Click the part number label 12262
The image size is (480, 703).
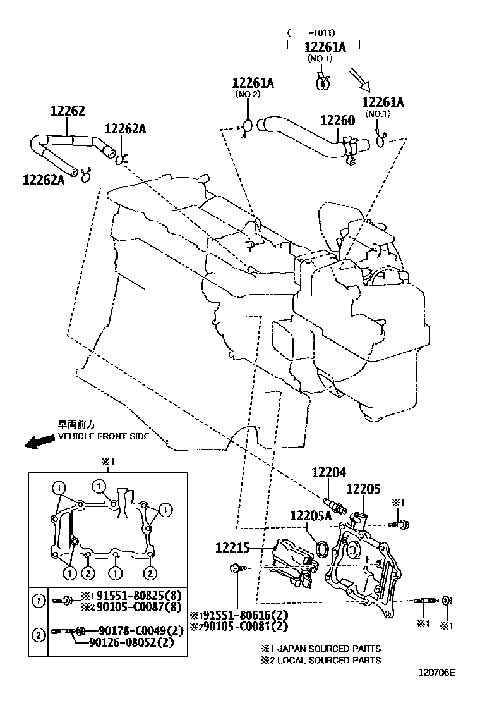[68, 111]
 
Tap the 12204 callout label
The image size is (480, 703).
[328, 472]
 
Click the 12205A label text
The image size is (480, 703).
[310, 516]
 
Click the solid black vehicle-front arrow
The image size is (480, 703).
[39, 443]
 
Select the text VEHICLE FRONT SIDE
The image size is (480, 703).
[104, 437]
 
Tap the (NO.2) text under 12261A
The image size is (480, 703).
[248, 94]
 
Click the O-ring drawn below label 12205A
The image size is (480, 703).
[321, 548]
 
